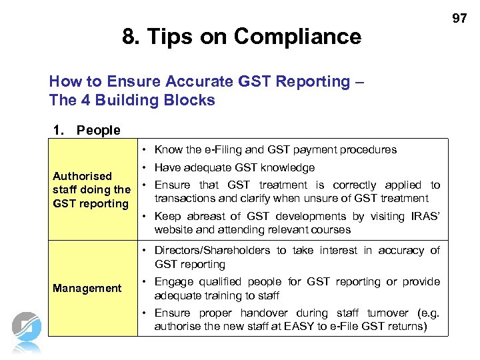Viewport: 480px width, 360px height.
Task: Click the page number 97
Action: (x=459, y=19)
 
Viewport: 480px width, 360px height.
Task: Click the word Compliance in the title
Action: (x=297, y=36)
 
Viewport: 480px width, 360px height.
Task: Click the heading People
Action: (x=98, y=130)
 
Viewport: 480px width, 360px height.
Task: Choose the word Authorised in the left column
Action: (x=82, y=176)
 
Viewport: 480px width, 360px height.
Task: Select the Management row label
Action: (x=87, y=288)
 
